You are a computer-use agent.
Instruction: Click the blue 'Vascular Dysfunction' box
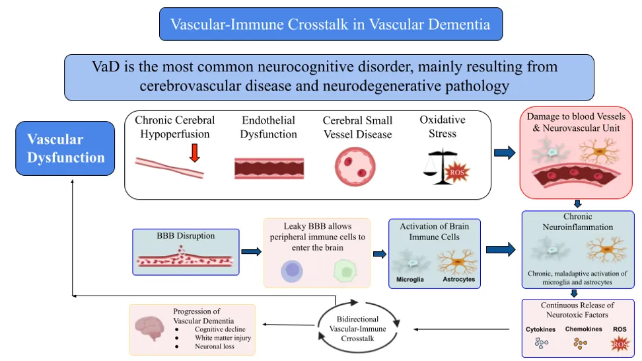pyautogui.click(x=65, y=148)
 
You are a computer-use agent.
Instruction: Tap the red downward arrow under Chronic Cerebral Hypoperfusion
pyautogui.click(x=194, y=153)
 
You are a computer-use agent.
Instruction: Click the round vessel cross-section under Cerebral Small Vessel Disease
pyautogui.click(x=355, y=167)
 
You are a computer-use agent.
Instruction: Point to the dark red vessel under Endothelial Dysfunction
pyautogui.click(x=269, y=169)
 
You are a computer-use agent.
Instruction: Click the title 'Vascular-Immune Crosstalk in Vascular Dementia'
pyautogui.click(x=330, y=24)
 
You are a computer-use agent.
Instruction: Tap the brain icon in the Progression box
pyautogui.click(x=150, y=328)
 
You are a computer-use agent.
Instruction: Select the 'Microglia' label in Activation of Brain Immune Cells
pyautogui.click(x=410, y=280)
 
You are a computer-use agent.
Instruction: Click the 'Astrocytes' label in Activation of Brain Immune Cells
pyautogui.click(x=458, y=280)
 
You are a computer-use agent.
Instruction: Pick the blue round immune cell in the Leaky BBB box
pyautogui.click(x=292, y=271)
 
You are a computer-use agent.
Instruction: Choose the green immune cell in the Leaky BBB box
pyautogui.click(x=345, y=271)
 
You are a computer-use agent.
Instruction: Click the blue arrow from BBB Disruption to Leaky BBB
pyautogui.click(x=252, y=252)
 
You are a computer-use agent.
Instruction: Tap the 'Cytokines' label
pyautogui.click(x=540, y=329)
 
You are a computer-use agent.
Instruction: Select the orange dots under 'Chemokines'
pyautogui.click(x=580, y=343)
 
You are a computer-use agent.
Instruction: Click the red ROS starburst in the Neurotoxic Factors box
pyautogui.click(x=620, y=344)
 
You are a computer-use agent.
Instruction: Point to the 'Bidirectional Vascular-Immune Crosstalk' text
pyautogui.click(x=357, y=329)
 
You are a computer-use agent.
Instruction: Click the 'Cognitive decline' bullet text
pyautogui.click(x=220, y=329)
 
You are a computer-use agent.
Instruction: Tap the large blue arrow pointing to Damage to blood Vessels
pyautogui.click(x=505, y=153)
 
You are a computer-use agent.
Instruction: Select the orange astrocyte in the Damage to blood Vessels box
pyautogui.click(x=599, y=151)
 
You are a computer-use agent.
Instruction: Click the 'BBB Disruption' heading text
pyautogui.click(x=186, y=235)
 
